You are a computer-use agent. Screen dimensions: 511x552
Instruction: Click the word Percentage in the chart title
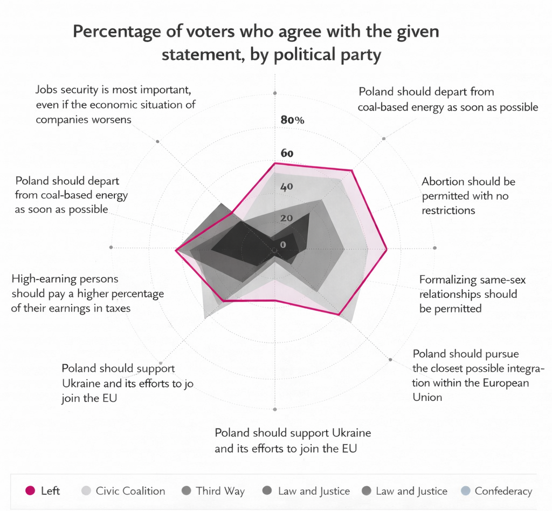coord(114,32)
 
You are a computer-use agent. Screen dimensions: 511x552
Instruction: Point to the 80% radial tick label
coord(293,120)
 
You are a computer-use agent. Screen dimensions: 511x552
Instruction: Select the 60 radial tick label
coord(287,154)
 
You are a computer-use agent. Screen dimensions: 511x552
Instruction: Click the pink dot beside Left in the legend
coord(31,491)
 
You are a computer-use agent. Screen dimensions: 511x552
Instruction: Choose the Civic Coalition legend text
coord(130,491)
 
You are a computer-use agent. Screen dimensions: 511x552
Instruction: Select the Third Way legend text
coord(220,491)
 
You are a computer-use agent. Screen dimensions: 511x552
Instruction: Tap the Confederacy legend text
coord(503,491)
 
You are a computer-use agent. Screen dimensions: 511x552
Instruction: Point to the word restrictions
coord(448,210)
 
